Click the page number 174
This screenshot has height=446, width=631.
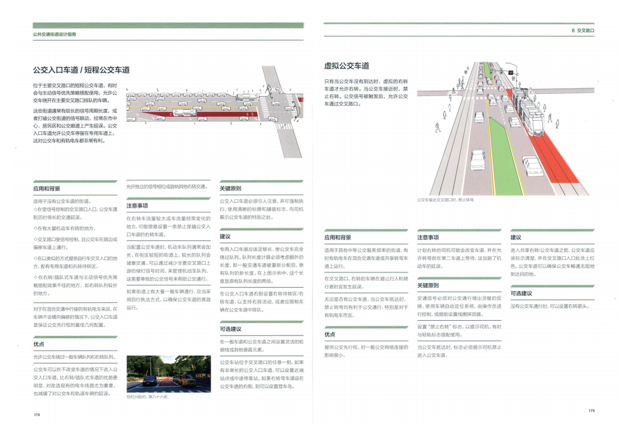pyautogui.click(x=37, y=415)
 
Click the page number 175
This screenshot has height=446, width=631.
pyautogui.click(x=591, y=411)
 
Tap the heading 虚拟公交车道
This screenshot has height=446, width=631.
pyautogui.click(x=347, y=66)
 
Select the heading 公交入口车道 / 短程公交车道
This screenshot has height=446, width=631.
pyautogui.click(x=81, y=70)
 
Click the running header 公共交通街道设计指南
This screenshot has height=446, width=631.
pyautogui.click(x=55, y=34)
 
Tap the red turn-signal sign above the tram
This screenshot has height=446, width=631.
pyautogui.click(x=510, y=73)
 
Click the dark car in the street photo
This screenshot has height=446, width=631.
pyautogui.click(x=150, y=380)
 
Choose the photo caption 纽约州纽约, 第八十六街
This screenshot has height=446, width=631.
pyautogui.click(x=147, y=397)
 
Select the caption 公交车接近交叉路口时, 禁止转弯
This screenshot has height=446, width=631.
pyautogui.click(x=446, y=199)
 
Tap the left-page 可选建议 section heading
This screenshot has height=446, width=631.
pyautogui.click(x=230, y=329)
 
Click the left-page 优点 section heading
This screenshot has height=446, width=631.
pyautogui.click(x=39, y=344)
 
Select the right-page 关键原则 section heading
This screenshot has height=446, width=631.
pyautogui.click(x=428, y=286)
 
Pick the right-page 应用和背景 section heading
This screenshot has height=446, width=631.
pyautogui.click(x=338, y=238)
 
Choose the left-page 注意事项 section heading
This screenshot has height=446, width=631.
pyautogui.click(x=137, y=206)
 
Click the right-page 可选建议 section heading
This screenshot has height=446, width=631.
pyautogui.click(x=521, y=293)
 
